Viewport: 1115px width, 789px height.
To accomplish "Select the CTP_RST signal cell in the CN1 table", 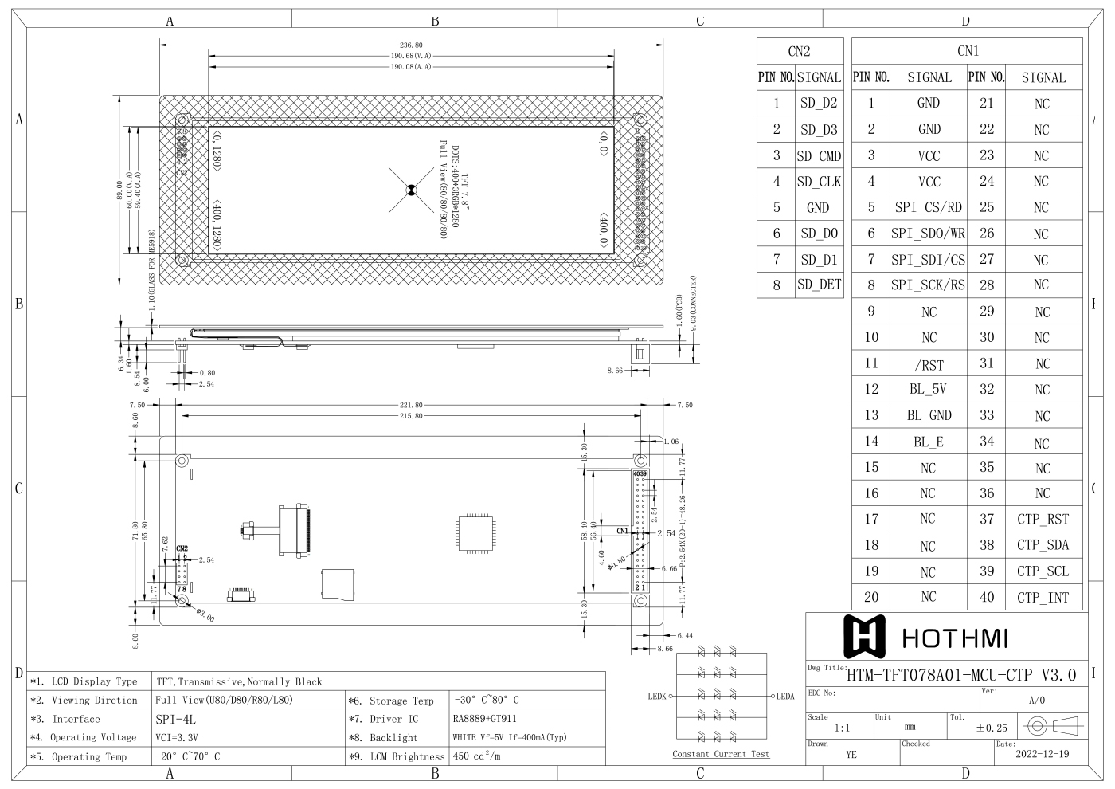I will click(1043, 519).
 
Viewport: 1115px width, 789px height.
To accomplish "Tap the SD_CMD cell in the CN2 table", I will click(819, 156).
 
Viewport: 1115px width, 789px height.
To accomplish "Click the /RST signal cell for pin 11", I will click(929, 364).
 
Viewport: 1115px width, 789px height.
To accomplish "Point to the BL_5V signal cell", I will click(929, 390).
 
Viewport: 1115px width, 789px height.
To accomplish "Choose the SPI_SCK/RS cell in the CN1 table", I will click(929, 285).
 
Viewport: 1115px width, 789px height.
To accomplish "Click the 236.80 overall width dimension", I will click(411, 45).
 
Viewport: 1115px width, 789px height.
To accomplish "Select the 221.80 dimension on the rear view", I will click(411, 405).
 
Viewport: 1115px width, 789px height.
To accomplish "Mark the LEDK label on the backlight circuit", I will click(657, 697).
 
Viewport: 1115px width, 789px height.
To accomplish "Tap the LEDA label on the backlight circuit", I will click(785, 697).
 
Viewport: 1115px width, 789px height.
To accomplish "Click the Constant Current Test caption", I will click(721, 754).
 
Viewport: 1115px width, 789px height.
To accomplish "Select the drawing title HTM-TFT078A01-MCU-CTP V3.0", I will click(961, 676).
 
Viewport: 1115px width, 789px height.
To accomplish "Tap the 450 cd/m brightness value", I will click(476, 756).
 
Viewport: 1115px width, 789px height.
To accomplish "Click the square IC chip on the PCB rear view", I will click(475, 528).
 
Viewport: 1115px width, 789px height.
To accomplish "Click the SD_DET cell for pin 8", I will click(819, 285).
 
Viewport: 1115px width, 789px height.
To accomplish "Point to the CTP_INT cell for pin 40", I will click(1043, 597).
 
